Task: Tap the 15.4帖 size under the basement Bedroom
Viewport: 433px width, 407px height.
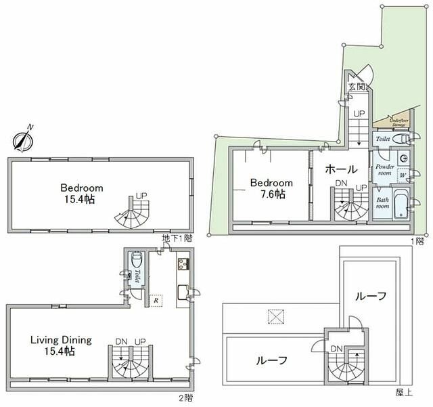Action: tap(81, 200)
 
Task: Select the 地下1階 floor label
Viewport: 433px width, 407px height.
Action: tap(177, 238)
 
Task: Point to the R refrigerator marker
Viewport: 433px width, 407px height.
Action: tap(156, 299)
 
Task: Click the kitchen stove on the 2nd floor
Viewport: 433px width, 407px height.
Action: tap(183, 264)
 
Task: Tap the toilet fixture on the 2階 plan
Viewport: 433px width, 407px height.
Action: tap(137, 261)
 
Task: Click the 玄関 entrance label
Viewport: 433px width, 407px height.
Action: tap(357, 87)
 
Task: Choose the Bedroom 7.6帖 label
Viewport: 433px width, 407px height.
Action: tap(271, 188)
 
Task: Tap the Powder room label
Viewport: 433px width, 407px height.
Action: tap(384, 169)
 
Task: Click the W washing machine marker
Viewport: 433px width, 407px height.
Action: tap(403, 175)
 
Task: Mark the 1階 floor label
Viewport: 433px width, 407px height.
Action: tap(419, 240)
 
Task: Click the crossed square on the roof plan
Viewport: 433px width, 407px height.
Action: tap(275, 315)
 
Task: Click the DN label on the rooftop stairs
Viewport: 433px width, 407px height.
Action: tap(336, 349)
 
